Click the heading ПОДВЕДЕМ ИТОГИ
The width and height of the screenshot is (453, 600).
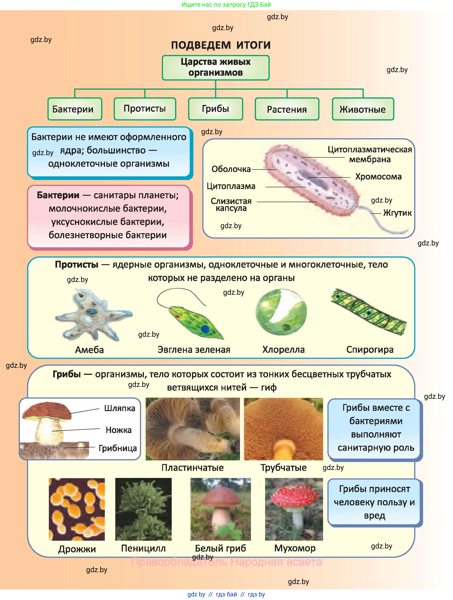(x=221, y=45)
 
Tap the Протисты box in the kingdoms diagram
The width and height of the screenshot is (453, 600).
(x=145, y=109)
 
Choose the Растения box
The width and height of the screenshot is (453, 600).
(x=287, y=109)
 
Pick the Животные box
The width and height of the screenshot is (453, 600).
(x=363, y=109)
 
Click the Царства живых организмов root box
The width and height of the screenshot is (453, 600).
(x=216, y=67)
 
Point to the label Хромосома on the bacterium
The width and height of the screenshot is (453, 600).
(x=378, y=177)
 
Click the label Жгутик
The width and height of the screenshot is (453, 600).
(x=397, y=213)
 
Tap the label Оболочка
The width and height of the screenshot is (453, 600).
(x=231, y=169)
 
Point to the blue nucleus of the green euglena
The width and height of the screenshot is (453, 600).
(x=205, y=329)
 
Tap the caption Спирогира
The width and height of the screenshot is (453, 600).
(x=370, y=350)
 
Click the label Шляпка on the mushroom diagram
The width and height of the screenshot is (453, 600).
(x=119, y=408)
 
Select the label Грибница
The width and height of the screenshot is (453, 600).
(x=118, y=448)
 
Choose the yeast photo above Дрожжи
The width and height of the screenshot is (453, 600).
(x=77, y=509)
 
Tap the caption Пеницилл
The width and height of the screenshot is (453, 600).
(x=143, y=548)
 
